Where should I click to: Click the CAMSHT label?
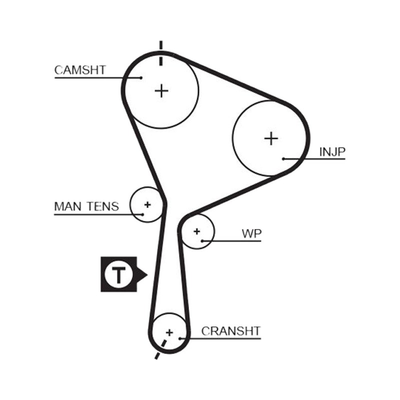coord(80,70)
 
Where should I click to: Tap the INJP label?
coord(332,152)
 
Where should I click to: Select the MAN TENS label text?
coord(86,206)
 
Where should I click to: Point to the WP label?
coord(251,233)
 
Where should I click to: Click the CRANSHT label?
coord(230,331)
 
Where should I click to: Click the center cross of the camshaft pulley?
coord(161,91)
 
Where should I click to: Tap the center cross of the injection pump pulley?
coord(271,138)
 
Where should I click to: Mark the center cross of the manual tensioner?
coord(147,204)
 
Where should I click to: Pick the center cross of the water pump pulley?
coord(196,231)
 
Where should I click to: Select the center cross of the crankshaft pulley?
coord(169,332)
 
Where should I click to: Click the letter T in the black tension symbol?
coord(118,275)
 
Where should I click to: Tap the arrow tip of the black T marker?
coord(147,274)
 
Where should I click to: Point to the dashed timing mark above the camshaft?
coord(160,53)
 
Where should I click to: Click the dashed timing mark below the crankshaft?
coord(160,349)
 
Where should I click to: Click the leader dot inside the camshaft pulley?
coord(141,77)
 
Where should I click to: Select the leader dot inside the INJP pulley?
coord(283,158)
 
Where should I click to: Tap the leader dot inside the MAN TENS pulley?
coord(142,214)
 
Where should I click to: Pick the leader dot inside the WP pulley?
coord(202,241)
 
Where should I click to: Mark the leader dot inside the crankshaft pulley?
coord(180,338)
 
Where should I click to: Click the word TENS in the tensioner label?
coord(103,206)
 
